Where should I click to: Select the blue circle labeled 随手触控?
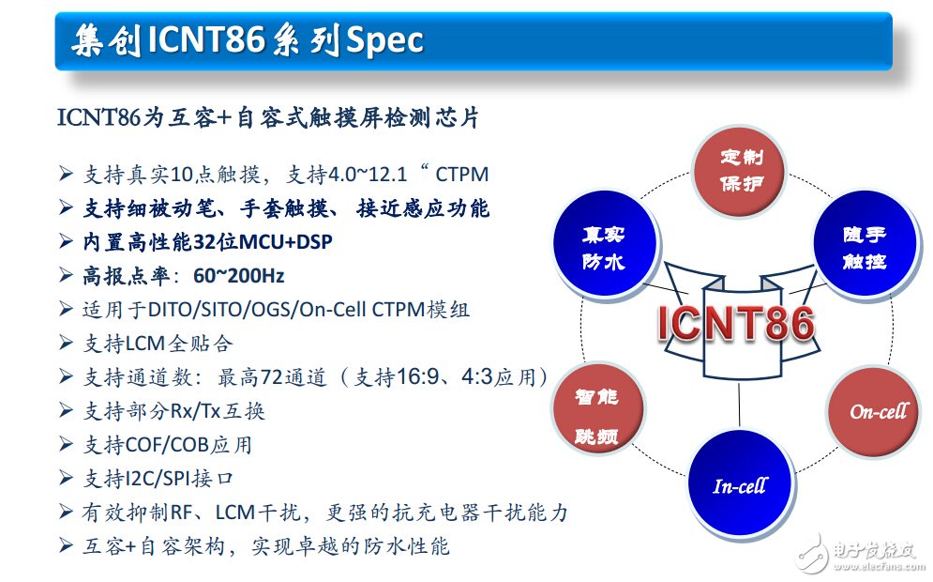(x=861, y=247)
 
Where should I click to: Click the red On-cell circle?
(x=878, y=411)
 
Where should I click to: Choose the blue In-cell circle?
(x=739, y=485)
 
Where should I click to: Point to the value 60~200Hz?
(x=238, y=276)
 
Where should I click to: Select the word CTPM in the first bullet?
(x=464, y=175)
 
